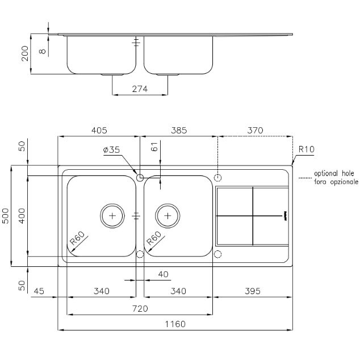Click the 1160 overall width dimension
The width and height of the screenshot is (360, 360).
(175, 324)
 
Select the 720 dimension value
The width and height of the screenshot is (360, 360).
(140, 308)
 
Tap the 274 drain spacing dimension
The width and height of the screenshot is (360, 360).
(140, 89)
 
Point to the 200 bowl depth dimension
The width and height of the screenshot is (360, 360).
(25, 53)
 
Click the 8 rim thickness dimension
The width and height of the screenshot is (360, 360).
(43, 52)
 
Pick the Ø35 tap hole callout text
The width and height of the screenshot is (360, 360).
(112, 150)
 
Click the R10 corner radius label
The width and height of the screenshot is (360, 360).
(307, 149)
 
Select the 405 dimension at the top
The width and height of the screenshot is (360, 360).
(99, 130)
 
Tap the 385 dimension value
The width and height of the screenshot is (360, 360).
(179, 130)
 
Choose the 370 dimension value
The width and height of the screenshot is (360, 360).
(255, 130)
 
